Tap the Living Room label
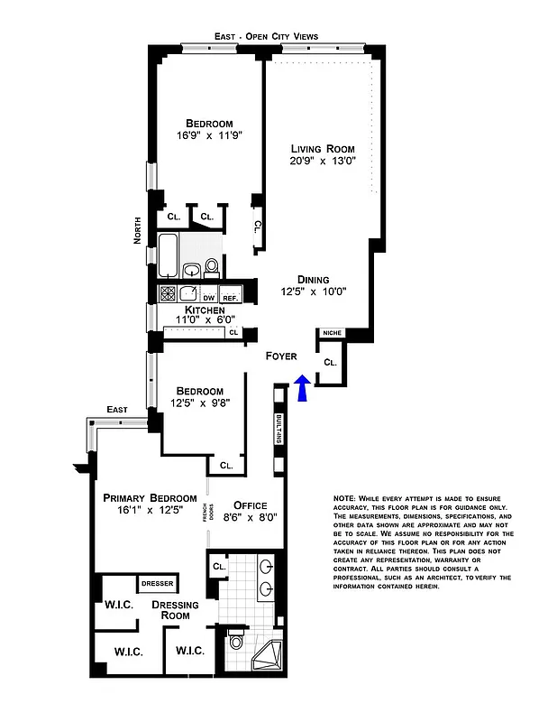tap(322, 149)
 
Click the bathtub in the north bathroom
tap(169, 255)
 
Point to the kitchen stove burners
tap(168, 292)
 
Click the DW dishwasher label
tap(208, 297)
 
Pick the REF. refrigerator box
tap(230, 297)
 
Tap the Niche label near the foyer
tap(331, 334)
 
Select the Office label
tap(250, 504)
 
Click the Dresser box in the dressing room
tap(157, 583)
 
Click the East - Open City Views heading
tap(266, 36)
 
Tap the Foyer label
tap(281, 356)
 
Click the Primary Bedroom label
tap(150, 497)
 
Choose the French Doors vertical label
tap(205, 514)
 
